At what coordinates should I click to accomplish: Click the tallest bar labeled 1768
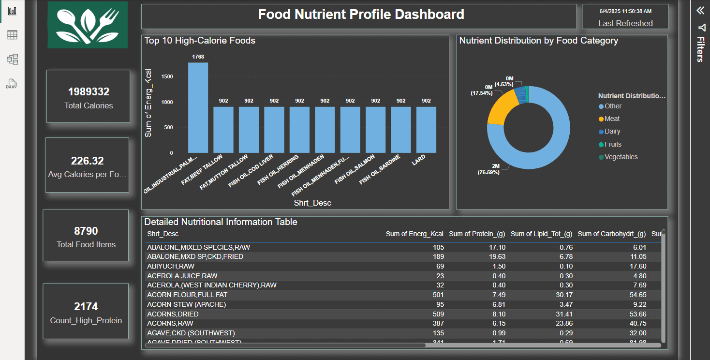click(198, 107)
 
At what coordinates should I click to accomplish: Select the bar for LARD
click(426, 130)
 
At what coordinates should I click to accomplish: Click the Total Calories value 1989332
click(89, 92)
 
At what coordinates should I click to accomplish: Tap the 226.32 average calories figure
click(87, 161)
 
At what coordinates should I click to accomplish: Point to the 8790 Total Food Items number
click(86, 231)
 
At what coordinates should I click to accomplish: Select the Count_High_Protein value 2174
click(86, 306)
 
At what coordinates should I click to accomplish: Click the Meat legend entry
click(612, 119)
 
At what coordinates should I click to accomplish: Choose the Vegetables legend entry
click(621, 157)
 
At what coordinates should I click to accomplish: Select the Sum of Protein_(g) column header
click(477, 234)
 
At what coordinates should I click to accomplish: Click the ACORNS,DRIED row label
click(173, 314)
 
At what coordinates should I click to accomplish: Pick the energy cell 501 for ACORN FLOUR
click(438, 295)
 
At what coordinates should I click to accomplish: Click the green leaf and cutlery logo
click(88, 25)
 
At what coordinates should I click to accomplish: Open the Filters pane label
click(700, 49)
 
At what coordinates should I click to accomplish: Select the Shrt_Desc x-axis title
click(312, 203)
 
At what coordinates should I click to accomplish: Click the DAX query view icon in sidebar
click(12, 84)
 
